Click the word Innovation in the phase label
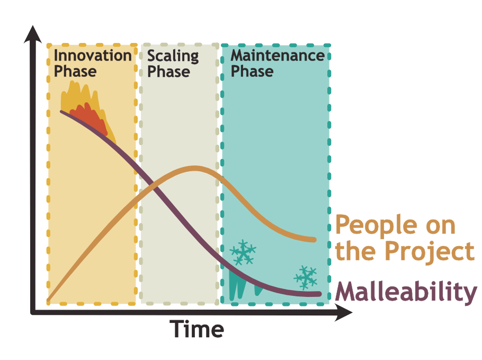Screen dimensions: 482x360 [93, 56]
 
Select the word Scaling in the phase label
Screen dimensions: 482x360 [173, 57]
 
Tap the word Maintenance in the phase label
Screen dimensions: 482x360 [278, 56]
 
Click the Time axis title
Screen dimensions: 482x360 [197, 329]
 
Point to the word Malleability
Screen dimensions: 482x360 [406, 292]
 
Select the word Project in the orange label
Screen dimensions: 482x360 [430, 251]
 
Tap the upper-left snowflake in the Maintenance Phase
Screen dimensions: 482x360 [243, 252]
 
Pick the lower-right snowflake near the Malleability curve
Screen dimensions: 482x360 [306, 277]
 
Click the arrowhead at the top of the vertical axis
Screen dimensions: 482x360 [33, 34]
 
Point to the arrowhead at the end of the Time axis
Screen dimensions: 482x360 [343, 312]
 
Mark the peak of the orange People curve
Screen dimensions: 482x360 [194, 168]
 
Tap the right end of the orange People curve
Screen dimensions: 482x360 [314, 240]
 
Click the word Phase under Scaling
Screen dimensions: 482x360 [168, 72]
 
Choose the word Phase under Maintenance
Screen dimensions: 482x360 [252, 72]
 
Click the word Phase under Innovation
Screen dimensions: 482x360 [75, 72]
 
